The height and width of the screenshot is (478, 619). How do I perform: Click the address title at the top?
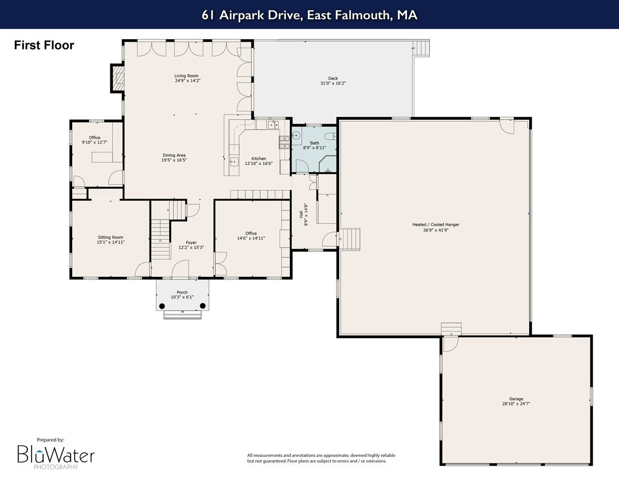[x=309, y=15]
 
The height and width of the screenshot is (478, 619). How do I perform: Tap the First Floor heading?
[x=44, y=45]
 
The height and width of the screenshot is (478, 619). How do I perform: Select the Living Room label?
[x=186, y=76]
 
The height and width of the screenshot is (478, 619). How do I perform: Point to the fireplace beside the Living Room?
[x=118, y=78]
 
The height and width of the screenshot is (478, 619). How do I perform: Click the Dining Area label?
[x=174, y=155]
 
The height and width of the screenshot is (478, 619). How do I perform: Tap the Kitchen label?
[x=258, y=158]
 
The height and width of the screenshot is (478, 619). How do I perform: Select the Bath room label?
[x=314, y=143]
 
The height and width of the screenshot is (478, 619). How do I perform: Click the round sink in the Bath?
[x=297, y=136]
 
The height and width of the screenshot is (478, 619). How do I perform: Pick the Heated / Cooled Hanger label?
[x=435, y=225]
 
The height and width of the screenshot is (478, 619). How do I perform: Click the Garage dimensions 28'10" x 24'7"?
[x=516, y=404]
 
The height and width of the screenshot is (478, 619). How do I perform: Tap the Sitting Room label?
[x=111, y=237]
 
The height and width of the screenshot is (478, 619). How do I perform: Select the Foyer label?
[x=191, y=242]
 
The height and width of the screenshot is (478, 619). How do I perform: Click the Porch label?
[x=182, y=292]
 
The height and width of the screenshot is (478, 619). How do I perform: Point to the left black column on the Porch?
[x=162, y=306]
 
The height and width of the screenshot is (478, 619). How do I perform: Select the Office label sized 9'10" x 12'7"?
[x=94, y=138]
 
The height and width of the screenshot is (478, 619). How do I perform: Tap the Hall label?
[x=301, y=211]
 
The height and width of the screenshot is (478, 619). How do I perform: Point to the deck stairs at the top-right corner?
[x=422, y=48]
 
